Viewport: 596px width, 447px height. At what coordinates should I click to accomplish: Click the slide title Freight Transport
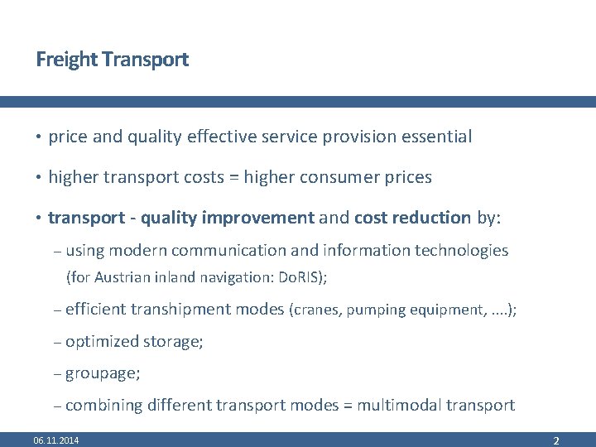point(113,60)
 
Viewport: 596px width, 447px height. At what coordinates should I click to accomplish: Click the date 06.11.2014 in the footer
point(56,440)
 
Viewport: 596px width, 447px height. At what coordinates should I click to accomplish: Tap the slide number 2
point(556,440)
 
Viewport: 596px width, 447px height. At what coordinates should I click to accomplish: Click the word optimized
point(102,341)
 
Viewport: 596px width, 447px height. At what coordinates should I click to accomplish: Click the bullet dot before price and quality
point(39,137)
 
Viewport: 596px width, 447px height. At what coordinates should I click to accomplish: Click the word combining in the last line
point(103,405)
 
